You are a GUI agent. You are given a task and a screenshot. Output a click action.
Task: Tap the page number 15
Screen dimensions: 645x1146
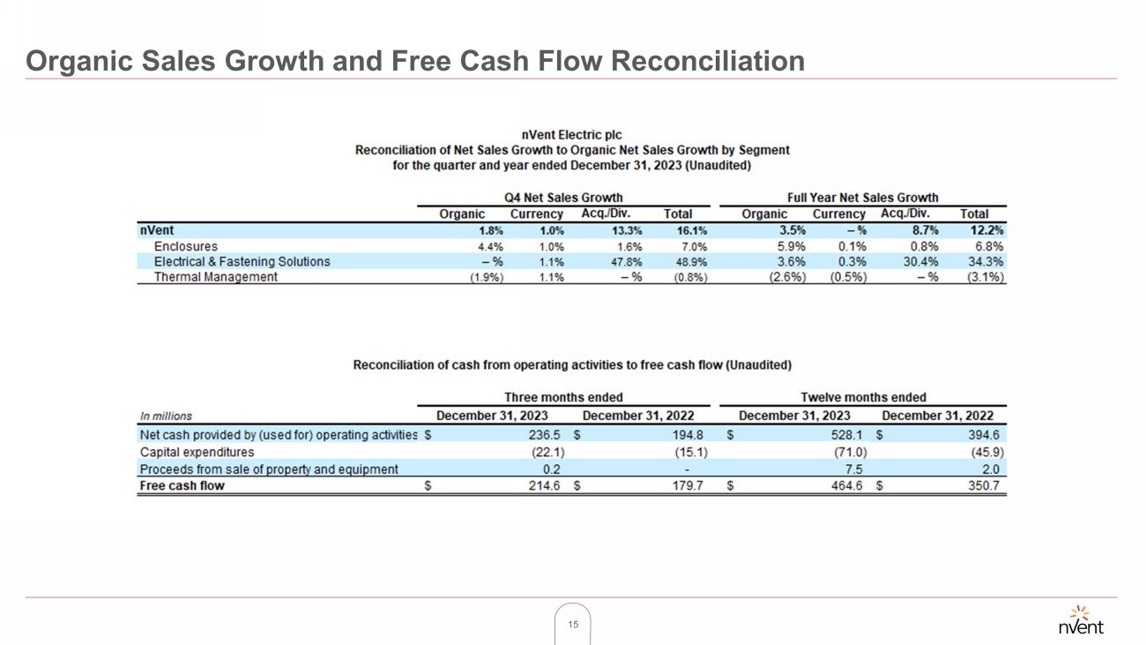coord(573,625)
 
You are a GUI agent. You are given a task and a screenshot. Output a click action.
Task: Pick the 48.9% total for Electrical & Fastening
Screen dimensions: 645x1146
coord(690,262)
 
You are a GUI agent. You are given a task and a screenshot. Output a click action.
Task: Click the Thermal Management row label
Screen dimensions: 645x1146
coord(215,277)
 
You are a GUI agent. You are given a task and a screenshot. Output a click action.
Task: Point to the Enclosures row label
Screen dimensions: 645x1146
coord(185,246)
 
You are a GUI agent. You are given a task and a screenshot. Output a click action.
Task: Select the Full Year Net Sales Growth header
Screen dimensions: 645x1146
coord(862,198)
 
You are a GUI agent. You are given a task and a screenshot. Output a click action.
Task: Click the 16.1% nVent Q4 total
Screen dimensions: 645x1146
coord(691,231)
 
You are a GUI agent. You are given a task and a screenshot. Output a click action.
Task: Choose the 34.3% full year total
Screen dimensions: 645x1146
coord(986,262)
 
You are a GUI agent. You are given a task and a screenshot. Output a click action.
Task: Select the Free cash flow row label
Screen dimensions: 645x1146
coord(182,486)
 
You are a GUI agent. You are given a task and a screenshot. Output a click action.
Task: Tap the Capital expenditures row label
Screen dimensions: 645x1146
coord(197,453)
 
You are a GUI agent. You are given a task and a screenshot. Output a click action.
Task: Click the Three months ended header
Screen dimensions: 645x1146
coord(563,397)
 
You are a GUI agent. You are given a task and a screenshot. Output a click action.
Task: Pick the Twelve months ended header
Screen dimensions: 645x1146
coord(863,397)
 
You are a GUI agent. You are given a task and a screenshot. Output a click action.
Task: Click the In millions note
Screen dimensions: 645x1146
coord(166,416)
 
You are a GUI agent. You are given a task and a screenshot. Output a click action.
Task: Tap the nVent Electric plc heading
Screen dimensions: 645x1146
coord(571,135)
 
